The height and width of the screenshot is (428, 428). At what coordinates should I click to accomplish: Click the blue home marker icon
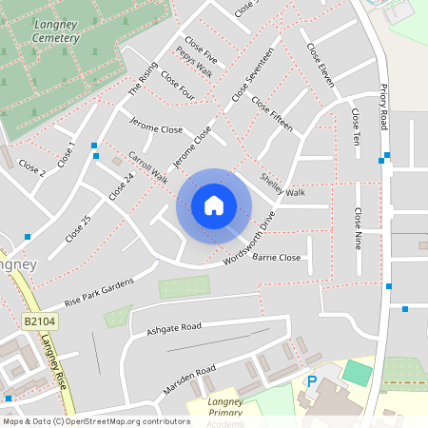(x=214, y=205)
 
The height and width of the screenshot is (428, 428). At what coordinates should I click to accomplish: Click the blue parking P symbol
(x=311, y=382)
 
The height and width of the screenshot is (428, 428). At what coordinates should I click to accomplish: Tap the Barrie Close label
(x=276, y=258)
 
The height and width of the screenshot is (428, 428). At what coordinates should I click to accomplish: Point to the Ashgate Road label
(x=174, y=328)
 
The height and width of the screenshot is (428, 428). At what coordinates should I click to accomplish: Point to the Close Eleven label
(x=321, y=64)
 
